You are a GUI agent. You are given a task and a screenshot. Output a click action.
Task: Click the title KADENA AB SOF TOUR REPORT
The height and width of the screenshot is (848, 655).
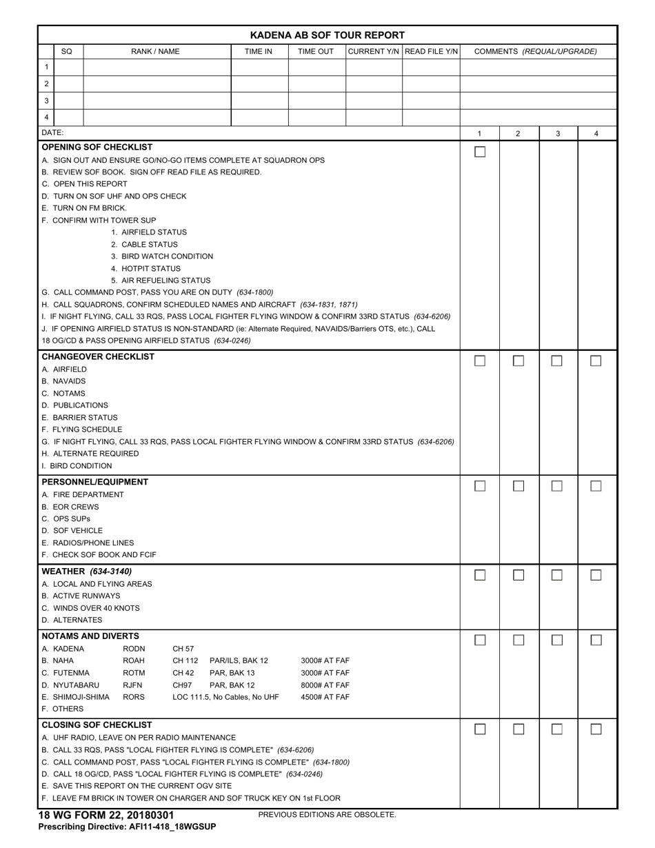point(327,35)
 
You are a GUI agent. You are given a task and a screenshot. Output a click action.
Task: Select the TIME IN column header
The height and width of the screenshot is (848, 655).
point(259,52)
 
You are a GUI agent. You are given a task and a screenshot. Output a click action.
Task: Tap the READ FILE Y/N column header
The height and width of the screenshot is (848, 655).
point(431,52)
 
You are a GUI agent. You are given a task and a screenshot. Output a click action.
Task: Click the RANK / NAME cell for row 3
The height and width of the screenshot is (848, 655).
point(157,101)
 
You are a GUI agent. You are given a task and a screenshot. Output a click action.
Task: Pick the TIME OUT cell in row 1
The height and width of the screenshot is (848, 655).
point(316,68)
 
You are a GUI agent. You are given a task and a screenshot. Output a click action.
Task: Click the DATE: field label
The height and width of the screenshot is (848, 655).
point(53,132)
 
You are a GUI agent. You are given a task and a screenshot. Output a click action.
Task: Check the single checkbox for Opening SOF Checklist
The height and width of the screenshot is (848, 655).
point(480,152)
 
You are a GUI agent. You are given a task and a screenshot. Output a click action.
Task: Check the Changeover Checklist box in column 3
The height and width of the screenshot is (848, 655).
point(557,361)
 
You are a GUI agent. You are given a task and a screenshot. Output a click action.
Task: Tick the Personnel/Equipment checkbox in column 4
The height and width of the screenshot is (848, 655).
point(596,486)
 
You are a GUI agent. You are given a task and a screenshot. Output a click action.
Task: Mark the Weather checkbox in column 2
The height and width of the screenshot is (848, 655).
point(518,575)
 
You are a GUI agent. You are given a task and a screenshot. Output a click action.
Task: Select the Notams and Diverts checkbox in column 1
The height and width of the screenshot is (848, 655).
point(480,640)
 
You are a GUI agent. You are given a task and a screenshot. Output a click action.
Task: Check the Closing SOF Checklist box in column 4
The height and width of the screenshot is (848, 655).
point(596,729)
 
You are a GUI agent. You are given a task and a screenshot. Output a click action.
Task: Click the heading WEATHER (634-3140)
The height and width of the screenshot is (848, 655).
point(87,571)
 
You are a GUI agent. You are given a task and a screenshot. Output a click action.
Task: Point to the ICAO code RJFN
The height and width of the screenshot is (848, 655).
point(133,685)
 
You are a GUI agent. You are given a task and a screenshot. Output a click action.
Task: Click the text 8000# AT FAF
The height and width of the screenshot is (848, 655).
point(325,685)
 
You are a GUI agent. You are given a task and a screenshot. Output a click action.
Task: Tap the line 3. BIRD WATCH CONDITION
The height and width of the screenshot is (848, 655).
point(162,256)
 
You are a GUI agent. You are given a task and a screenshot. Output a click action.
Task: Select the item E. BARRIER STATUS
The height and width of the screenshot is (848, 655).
point(79,417)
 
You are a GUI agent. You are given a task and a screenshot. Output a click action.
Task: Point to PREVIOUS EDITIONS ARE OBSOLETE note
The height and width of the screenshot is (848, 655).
point(327,815)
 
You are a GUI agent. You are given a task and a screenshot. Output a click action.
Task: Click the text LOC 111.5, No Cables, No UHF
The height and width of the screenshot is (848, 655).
point(225,697)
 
